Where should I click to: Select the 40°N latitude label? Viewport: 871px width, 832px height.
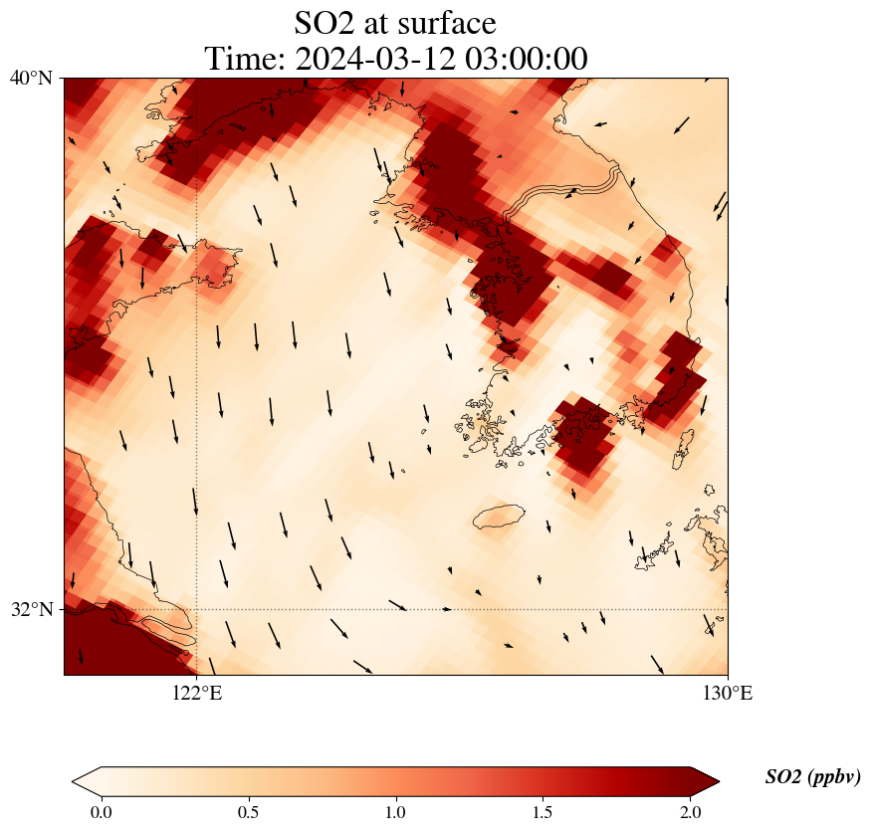pos(31,78)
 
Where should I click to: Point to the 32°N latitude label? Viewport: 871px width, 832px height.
pos(31,609)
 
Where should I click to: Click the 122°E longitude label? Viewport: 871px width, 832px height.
pos(196,693)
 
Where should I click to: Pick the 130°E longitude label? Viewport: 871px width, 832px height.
pos(727,693)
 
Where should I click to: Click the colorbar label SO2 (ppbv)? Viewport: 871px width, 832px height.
pos(812,777)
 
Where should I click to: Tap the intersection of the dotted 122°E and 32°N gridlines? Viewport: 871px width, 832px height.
pos(196,609)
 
